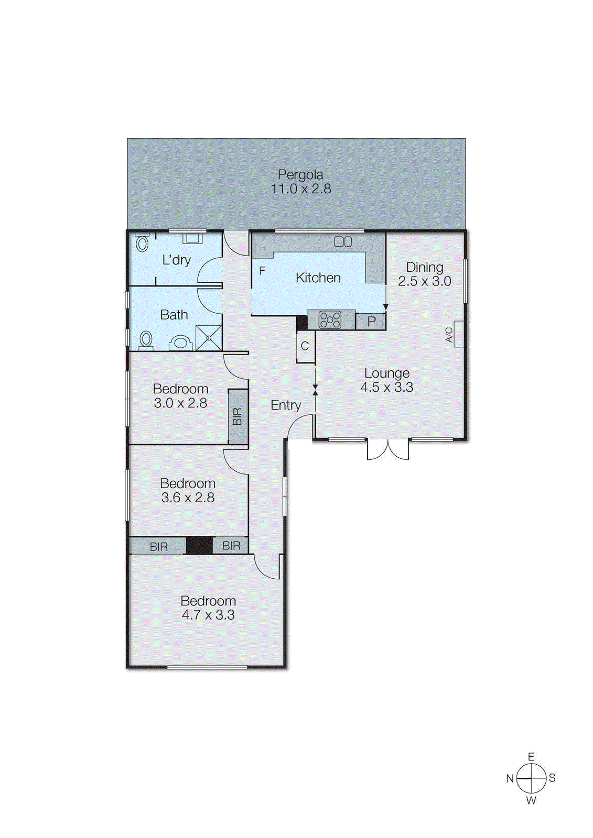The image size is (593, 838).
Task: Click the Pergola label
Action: point(300,175)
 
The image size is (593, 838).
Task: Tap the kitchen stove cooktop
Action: point(330,320)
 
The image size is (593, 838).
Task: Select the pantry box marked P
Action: point(371,321)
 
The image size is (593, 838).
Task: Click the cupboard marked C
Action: point(305,347)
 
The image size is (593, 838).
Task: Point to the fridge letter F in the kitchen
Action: point(262,271)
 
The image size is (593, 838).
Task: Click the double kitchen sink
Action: point(343,241)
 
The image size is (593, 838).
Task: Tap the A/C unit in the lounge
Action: point(458,334)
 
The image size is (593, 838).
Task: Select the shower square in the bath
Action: point(209,338)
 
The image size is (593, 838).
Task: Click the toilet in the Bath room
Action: point(146,340)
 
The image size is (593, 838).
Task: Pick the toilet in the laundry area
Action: point(142,242)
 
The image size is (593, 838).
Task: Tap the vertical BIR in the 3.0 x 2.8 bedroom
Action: point(238,416)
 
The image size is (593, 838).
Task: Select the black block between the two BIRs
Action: point(199,545)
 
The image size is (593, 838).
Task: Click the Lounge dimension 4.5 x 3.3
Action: point(387,388)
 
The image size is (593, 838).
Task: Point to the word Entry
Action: point(286,405)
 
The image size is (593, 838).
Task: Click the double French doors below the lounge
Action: point(387,449)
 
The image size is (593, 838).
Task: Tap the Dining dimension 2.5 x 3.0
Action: point(424,281)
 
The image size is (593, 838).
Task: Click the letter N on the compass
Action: point(510,778)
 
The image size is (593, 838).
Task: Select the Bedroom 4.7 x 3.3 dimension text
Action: point(208,615)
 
